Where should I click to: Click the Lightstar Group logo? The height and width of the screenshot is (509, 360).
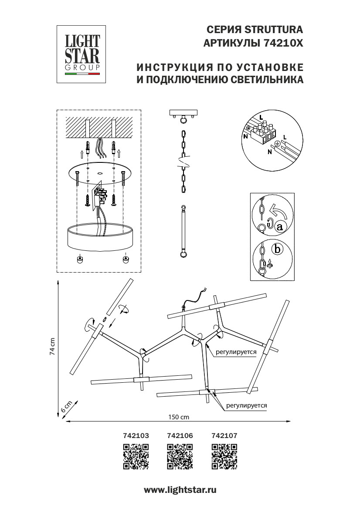82,54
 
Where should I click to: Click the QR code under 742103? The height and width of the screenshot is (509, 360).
136,457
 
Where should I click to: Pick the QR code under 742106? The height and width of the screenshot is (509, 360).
180,457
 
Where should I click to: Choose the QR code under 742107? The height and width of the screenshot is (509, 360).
224,457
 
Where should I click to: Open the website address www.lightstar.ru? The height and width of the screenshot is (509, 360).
180,490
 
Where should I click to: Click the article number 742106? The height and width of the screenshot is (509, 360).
180,435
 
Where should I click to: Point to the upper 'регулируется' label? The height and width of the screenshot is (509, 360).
236,351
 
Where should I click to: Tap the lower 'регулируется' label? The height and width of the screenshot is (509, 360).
246,405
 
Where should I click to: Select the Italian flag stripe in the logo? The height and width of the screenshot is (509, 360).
82,74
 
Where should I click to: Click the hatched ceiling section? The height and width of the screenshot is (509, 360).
100,128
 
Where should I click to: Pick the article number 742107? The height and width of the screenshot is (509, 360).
224,435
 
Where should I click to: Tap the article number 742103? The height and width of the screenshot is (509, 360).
136,435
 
